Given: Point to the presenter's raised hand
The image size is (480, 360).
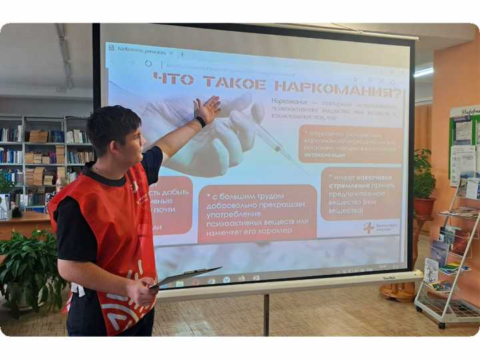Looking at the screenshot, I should (207, 108).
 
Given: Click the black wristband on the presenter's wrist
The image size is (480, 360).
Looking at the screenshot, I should (200, 122).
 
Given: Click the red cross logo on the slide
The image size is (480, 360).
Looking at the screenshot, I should (368, 227).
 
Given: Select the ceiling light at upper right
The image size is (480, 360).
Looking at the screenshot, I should (423, 72).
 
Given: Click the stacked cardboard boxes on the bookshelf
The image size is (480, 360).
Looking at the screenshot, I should (38, 137).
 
